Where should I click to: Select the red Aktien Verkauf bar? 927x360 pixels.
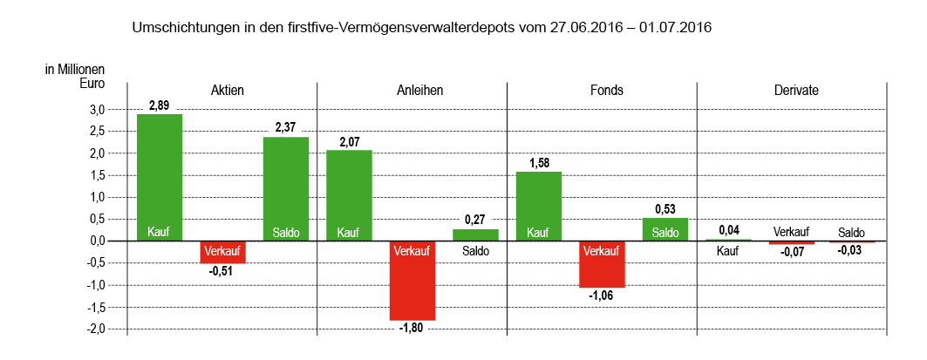(x=222, y=252)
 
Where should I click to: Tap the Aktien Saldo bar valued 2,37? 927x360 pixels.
(x=286, y=188)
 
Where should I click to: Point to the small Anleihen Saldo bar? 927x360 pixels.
(x=475, y=235)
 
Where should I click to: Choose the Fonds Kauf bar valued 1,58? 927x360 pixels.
(x=538, y=206)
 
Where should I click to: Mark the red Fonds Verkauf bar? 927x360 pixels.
(x=602, y=264)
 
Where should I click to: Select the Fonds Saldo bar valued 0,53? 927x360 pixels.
(x=665, y=229)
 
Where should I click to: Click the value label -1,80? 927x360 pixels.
(x=412, y=329)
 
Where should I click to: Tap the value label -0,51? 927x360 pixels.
(x=222, y=271)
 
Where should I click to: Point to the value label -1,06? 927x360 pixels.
(x=602, y=295)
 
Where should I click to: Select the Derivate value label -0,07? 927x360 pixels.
(x=791, y=252)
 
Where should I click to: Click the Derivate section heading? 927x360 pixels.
(x=791, y=91)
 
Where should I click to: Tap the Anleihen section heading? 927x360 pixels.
(x=412, y=91)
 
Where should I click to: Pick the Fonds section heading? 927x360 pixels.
(x=602, y=91)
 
